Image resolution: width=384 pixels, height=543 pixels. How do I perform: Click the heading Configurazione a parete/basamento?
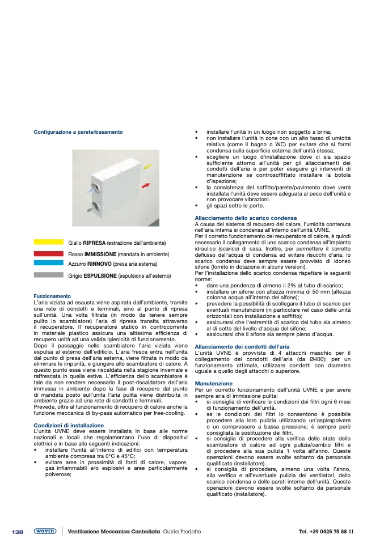78,132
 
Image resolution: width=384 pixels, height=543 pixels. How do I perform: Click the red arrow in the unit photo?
146,185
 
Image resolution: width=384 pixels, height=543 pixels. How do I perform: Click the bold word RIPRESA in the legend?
94,243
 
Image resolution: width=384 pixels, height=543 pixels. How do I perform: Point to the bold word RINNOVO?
99,264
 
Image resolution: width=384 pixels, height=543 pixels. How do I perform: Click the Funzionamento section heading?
52,296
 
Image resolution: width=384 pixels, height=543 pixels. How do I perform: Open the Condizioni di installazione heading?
69,425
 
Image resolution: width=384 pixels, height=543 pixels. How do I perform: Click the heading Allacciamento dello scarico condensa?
246,218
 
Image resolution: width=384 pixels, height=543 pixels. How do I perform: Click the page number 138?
18,532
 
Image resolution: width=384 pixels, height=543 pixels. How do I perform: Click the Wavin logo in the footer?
45,531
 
